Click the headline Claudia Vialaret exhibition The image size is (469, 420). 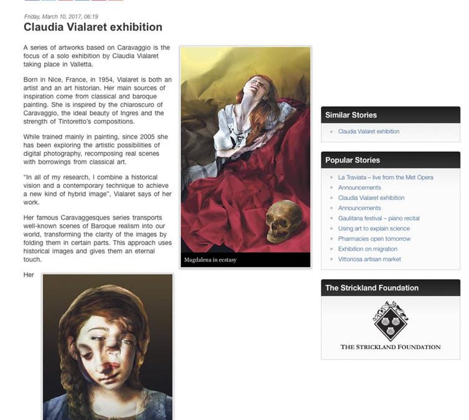click(x=93, y=27)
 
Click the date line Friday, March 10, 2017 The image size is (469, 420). click(x=60, y=16)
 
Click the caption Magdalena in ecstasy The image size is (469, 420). click(x=210, y=259)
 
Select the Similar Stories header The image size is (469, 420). click(x=351, y=115)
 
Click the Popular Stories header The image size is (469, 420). click(x=352, y=160)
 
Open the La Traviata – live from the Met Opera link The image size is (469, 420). click(x=386, y=177)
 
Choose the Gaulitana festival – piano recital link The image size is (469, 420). click(x=379, y=218)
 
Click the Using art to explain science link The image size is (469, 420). click(x=374, y=228)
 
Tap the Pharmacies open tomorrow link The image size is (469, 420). click(x=374, y=239)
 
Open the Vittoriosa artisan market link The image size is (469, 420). click(x=369, y=259)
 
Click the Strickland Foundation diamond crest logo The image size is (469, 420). click(x=390, y=321)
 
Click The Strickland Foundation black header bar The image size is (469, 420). click(x=390, y=288)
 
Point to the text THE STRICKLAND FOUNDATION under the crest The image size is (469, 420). click(x=390, y=347)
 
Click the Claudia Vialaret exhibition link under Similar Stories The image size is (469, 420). click(x=369, y=131)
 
